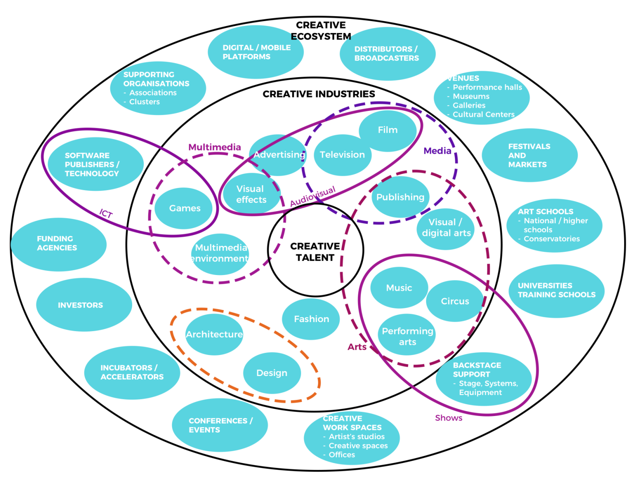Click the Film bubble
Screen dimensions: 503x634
tap(388, 130)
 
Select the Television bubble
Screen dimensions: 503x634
tap(342, 155)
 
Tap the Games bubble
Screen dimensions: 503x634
tap(185, 209)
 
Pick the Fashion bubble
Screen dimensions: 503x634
tap(311, 319)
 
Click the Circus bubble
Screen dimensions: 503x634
tap(455, 301)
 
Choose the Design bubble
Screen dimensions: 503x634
tap(272, 373)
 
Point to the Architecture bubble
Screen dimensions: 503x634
tap(214, 334)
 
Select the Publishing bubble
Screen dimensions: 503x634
tap(400, 197)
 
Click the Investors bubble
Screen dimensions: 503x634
tap(80, 305)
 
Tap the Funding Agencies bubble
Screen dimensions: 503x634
tap(57, 243)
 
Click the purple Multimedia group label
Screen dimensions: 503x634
tap(214, 147)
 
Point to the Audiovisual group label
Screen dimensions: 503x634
tap(312, 196)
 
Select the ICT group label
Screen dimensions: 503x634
tap(106, 213)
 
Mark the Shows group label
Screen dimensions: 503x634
tap(448, 418)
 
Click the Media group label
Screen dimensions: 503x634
tap(437, 151)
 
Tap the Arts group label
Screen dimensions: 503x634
tap(357, 347)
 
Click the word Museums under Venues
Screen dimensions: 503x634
tap(471, 96)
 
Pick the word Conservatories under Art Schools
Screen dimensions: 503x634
tap(551, 239)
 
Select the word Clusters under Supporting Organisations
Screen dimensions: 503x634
tap(144, 102)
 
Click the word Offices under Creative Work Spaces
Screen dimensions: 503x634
tap(342, 455)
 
